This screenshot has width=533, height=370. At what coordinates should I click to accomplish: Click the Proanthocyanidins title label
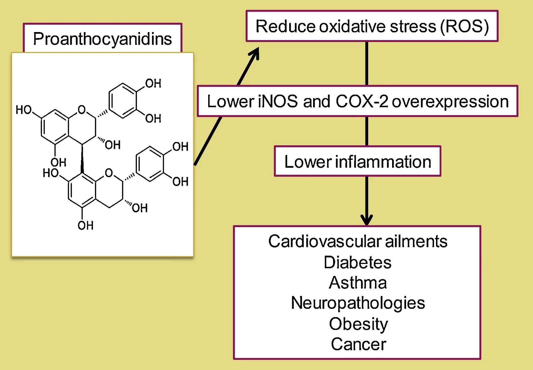[x=102, y=39]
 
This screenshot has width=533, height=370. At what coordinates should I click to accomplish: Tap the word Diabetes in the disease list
[x=357, y=262]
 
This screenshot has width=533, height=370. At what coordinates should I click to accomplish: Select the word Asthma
[x=358, y=283]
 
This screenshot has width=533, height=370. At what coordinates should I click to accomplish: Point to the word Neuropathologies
[x=358, y=303]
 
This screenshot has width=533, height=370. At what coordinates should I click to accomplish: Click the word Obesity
[x=358, y=324]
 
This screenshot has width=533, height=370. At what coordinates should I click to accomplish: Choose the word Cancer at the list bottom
[x=358, y=344]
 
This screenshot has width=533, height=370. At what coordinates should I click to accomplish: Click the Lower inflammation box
[x=357, y=161]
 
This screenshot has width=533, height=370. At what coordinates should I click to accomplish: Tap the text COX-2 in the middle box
[x=362, y=101]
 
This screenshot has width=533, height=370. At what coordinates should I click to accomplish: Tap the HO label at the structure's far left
[x=24, y=110]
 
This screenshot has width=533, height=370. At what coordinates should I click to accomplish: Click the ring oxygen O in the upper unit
[x=82, y=109]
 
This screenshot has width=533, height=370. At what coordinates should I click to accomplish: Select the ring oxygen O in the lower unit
[x=109, y=173]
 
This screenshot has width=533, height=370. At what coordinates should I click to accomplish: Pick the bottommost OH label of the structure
[x=86, y=226]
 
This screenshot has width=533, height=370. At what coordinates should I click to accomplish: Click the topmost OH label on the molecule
[x=153, y=83]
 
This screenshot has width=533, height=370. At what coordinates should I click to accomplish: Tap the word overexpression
[x=450, y=101]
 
